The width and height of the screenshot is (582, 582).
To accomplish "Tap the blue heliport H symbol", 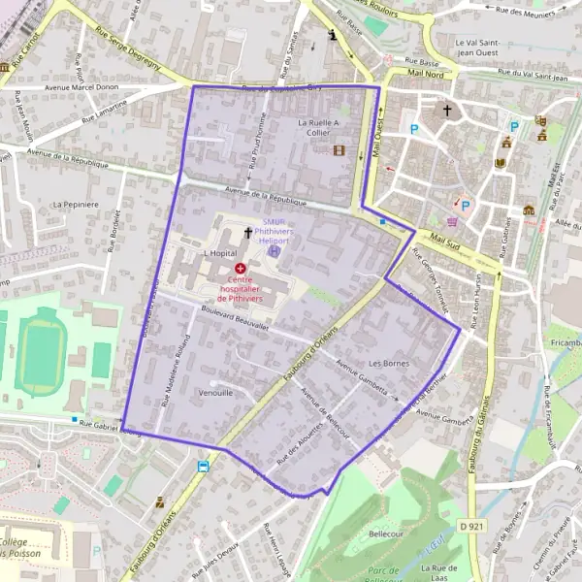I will pos(274,250).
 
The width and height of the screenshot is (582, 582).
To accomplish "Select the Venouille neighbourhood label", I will pos(215,394).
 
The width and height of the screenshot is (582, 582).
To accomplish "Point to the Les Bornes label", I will pos(388,364).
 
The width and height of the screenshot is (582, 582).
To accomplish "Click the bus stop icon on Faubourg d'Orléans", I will pos(203,467).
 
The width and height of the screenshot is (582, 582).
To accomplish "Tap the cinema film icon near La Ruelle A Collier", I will pos(339,150).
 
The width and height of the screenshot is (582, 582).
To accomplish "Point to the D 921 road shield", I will pos(471,526).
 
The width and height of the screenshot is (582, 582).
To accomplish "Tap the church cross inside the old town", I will pos(447,110).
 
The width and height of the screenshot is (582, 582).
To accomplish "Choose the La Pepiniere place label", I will pos(77,205).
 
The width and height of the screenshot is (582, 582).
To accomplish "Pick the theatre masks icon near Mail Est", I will pos(540,121).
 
